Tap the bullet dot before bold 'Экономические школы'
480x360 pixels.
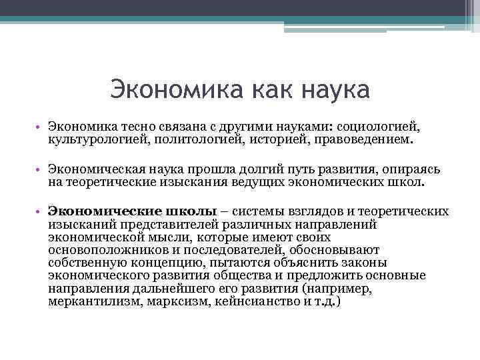[41, 212]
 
